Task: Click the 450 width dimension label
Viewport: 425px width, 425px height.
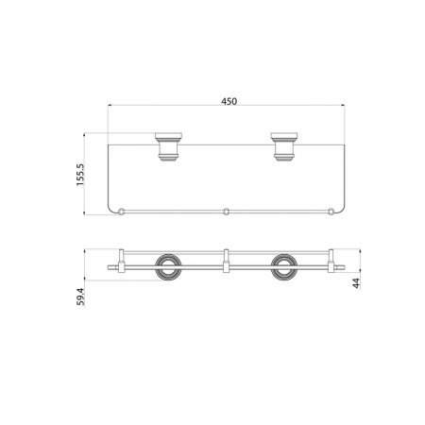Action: (x=229, y=101)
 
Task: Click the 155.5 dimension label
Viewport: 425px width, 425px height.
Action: (x=80, y=175)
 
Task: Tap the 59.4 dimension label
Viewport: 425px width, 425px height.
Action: (x=80, y=297)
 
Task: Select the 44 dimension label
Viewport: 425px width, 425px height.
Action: (x=356, y=283)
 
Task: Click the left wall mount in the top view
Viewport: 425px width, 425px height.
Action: (x=168, y=146)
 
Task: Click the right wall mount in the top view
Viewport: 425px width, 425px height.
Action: (x=284, y=146)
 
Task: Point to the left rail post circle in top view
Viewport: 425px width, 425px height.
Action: (x=121, y=212)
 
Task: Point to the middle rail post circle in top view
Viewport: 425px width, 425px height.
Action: (x=226, y=212)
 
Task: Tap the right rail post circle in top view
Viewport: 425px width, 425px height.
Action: (x=331, y=212)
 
